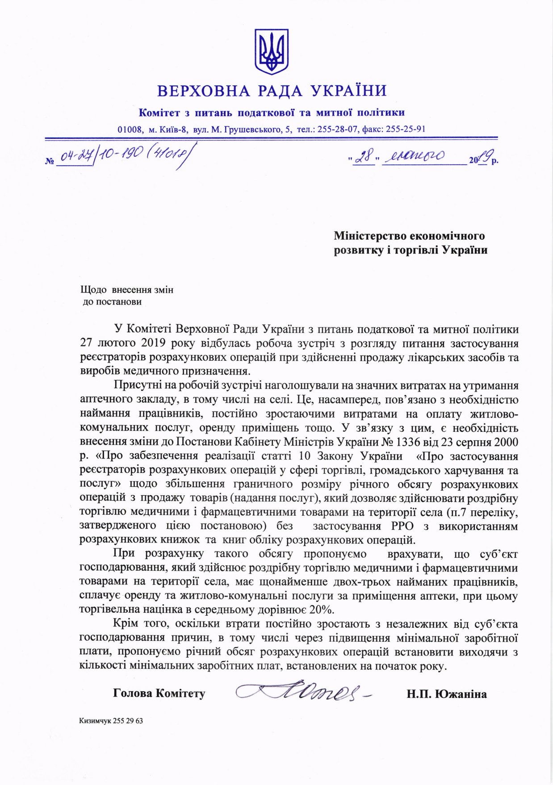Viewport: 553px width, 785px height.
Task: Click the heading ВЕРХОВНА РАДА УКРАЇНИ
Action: [272, 91]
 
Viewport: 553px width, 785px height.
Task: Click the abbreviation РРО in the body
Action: [402, 526]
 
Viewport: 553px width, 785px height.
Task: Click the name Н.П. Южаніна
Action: [446, 694]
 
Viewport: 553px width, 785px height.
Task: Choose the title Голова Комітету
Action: [159, 693]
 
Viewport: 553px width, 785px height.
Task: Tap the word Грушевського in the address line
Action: [253, 129]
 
